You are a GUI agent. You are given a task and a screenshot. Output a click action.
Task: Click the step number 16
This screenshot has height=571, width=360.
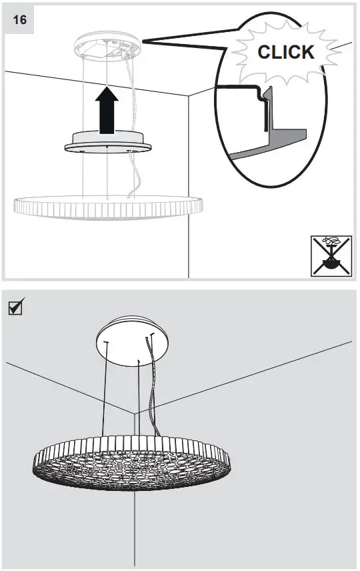20,19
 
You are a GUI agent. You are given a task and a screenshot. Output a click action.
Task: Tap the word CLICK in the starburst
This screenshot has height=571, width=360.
286,52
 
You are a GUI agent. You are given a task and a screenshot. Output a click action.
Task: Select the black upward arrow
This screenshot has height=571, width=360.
107,109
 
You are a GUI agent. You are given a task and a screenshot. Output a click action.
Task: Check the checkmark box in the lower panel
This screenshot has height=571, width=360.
14,308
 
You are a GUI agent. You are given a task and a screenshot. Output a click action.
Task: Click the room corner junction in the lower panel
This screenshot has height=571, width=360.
136,413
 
